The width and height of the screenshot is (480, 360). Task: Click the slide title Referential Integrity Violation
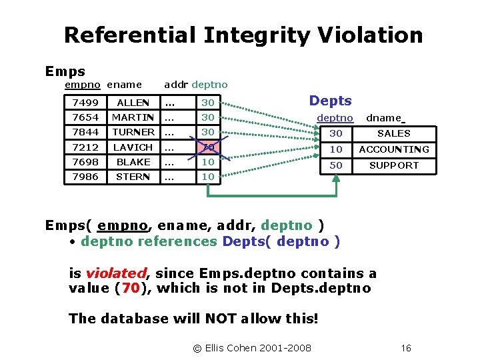[x=243, y=35]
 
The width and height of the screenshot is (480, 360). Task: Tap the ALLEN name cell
[x=133, y=103]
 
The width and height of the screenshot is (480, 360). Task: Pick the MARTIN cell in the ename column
[x=133, y=117]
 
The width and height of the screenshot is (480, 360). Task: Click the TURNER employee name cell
[x=133, y=132]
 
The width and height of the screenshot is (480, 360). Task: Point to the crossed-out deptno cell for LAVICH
[x=208, y=147]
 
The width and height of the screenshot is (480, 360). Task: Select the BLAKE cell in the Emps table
[x=133, y=161]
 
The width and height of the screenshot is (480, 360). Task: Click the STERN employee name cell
[x=133, y=176]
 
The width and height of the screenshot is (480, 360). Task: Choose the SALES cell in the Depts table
[x=393, y=133]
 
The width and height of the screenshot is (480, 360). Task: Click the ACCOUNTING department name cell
[x=393, y=149]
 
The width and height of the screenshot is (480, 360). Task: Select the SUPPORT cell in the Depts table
[x=393, y=165]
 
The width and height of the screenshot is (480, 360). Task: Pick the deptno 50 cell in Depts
[x=336, y=165]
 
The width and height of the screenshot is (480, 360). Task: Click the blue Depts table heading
[x=330, y=101]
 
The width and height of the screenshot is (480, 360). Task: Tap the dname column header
[x=384, y=118]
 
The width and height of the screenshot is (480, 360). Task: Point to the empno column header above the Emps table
[x=83, y=85]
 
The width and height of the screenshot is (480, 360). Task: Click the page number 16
[x=406, y=348]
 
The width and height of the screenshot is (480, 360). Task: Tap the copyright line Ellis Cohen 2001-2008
[x=252, y=348]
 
